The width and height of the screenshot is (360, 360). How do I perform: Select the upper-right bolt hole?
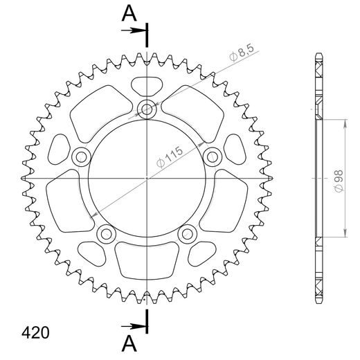coord(214,156)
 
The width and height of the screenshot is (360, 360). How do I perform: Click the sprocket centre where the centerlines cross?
coord(147,179)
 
